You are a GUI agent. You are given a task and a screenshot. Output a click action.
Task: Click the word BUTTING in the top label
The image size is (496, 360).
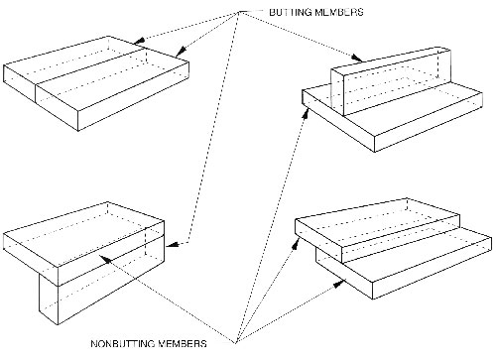tap(290, 12)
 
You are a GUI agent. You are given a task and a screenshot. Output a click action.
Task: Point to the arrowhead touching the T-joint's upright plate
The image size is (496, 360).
tap(357, 58)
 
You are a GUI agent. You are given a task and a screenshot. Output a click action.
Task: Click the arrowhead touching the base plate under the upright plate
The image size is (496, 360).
tap(307, 113)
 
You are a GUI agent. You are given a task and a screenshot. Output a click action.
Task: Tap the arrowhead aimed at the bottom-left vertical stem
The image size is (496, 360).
tap(172, 245)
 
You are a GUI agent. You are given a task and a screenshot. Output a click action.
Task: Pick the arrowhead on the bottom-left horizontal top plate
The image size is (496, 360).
tap(105, 259)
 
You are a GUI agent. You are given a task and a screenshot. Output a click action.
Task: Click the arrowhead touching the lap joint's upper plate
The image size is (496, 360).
tap(297, 243)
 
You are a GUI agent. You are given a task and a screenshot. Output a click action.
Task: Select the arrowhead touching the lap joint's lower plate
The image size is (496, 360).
tap(339, 284)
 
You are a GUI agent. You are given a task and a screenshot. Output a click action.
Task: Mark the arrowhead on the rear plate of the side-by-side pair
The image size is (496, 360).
tap(139, 41)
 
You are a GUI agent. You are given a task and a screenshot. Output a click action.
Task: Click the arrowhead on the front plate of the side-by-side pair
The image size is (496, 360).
tap(180, 52)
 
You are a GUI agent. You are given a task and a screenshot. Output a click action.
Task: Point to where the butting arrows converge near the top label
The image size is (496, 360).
tap(239, 12)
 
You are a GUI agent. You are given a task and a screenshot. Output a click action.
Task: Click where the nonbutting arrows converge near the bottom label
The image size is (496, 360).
tap(236, 343)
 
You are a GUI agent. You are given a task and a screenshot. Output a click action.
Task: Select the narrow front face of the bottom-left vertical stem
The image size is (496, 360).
tap(49, 298)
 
